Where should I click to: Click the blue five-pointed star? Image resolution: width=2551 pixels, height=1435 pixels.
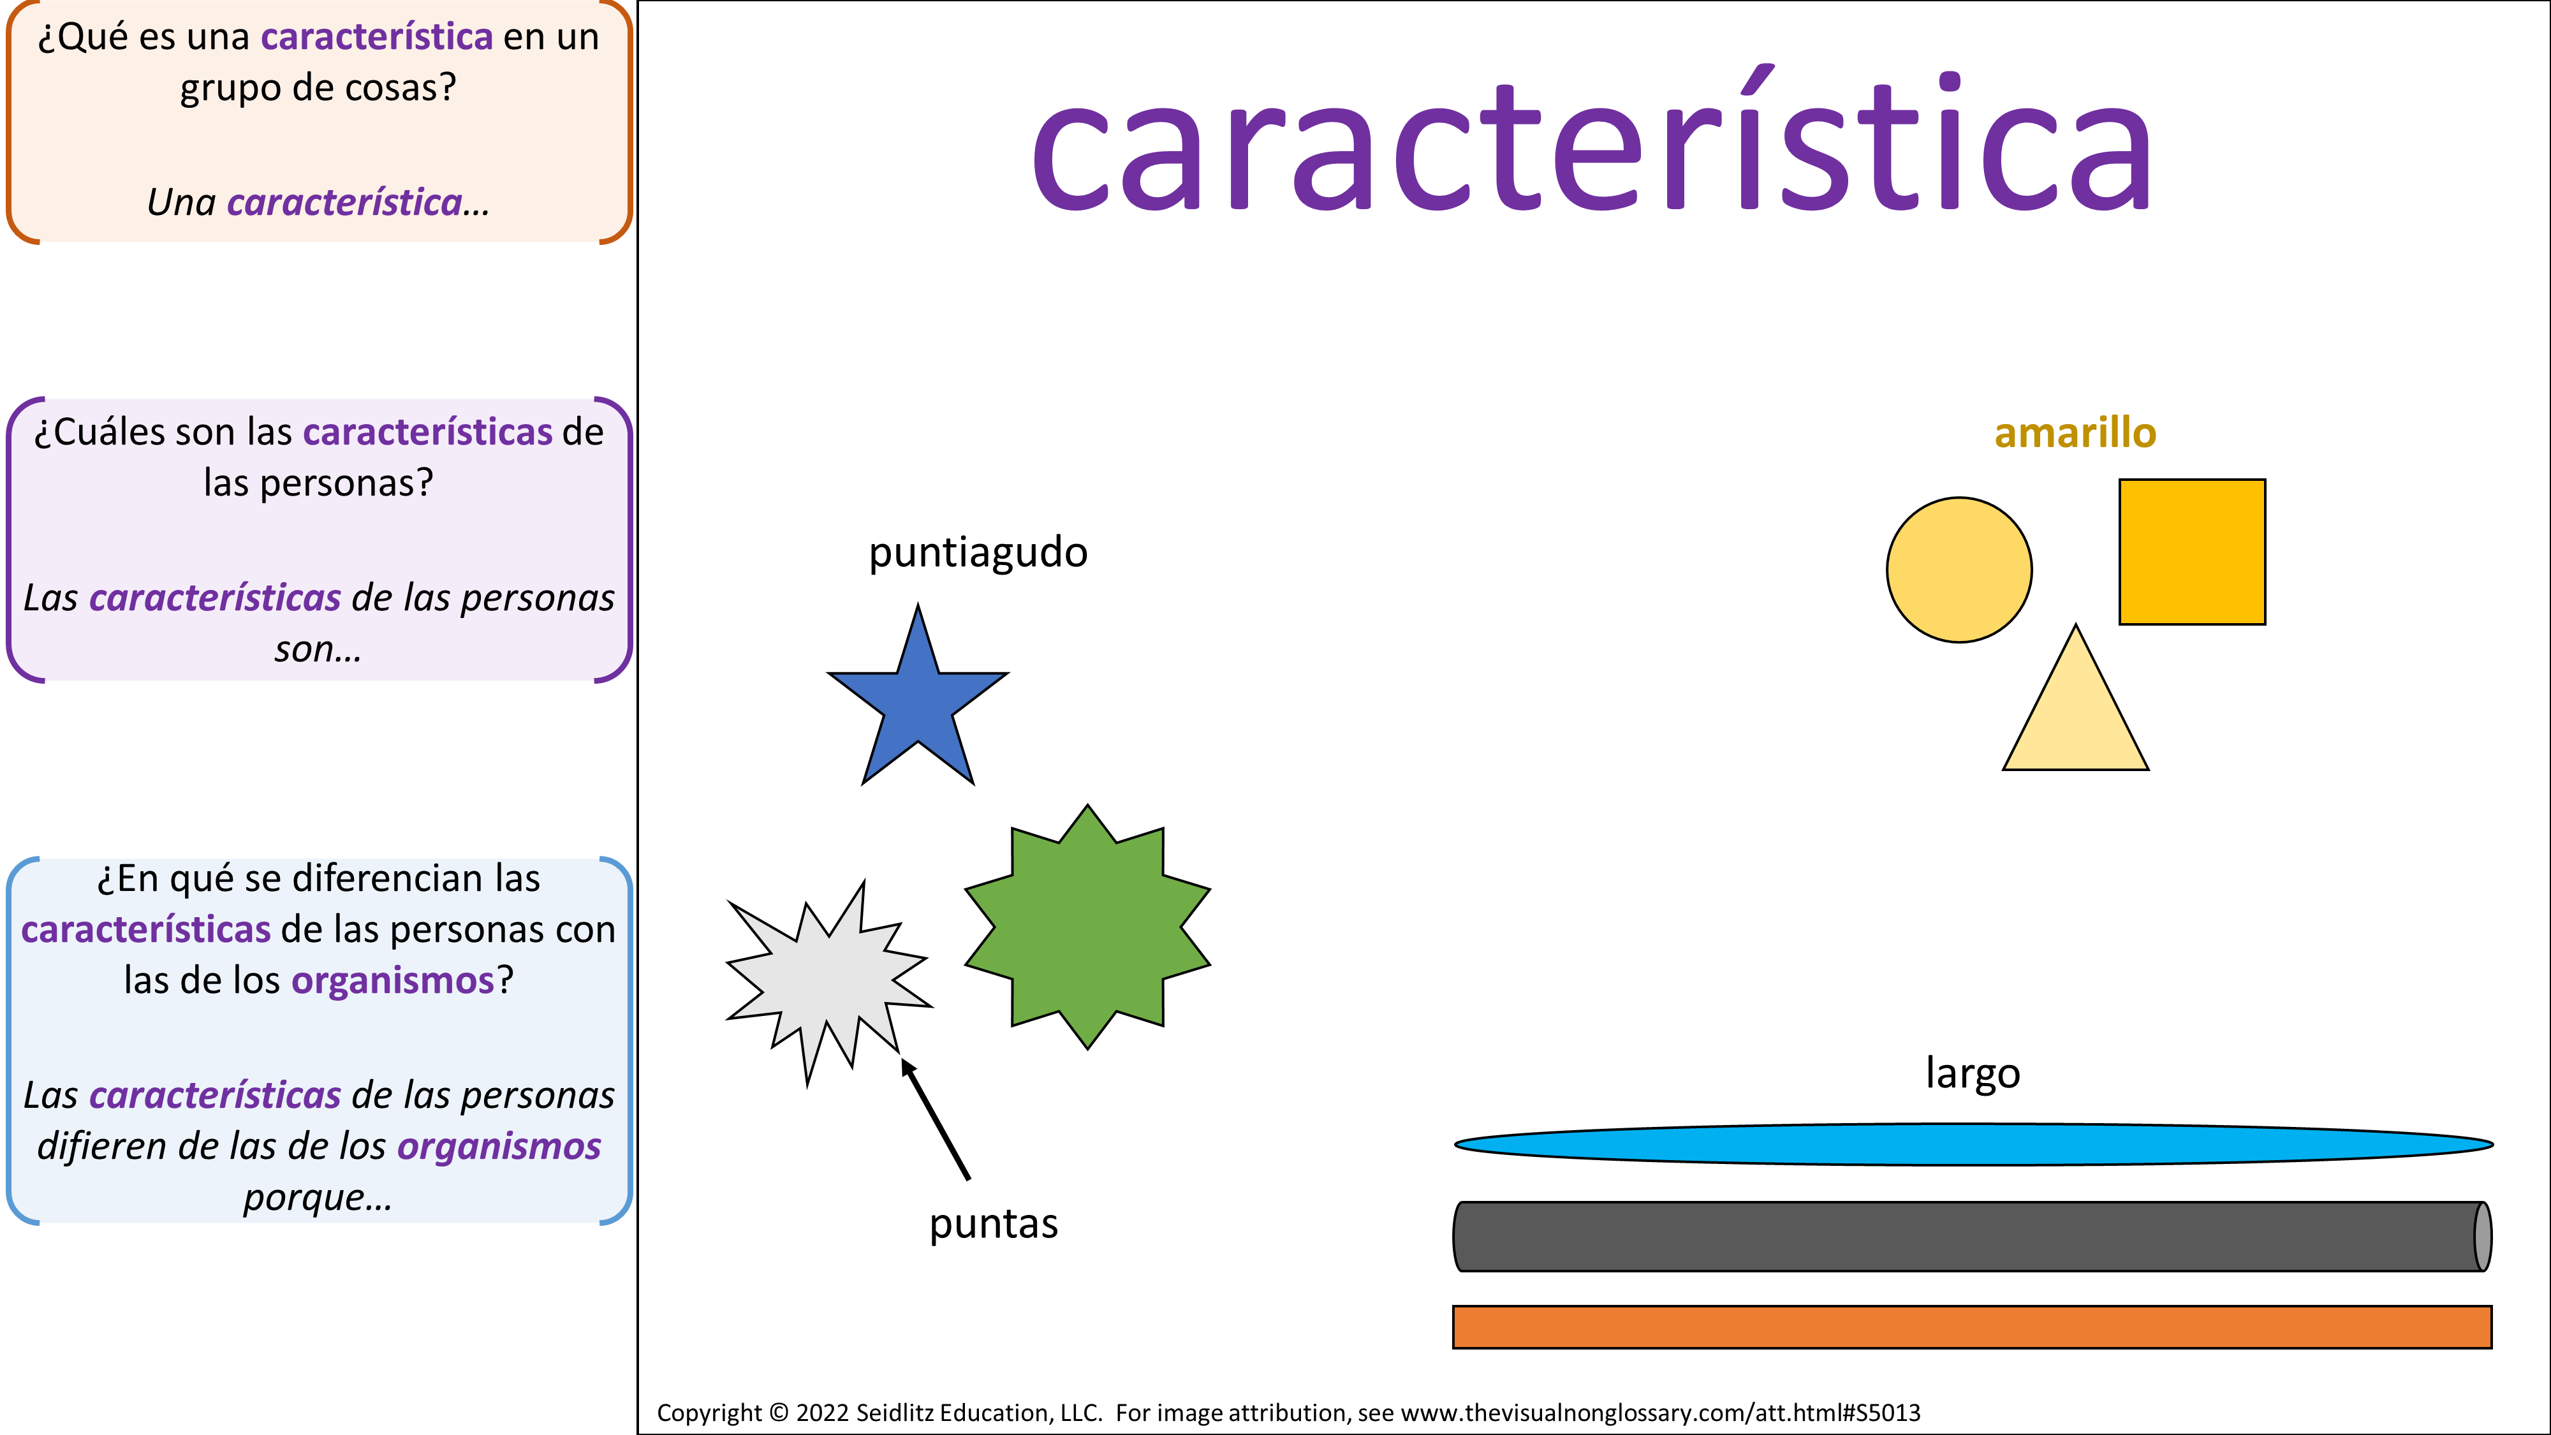coord(918,701)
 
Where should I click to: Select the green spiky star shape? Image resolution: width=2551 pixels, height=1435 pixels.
coord(1087,927)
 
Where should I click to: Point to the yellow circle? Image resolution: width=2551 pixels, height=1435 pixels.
coord(1959,570)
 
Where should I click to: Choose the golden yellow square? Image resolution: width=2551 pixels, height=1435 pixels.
coord(2191,552)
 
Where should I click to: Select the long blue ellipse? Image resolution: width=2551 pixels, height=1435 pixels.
coord(1973,1144)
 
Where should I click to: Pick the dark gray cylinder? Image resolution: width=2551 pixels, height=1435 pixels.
coord(1973,1236)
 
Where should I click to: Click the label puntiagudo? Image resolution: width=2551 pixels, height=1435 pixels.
coord(978,552)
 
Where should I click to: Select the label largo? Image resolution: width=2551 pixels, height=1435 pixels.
coord(1973,1073)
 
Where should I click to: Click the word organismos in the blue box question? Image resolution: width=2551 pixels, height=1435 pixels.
coord(392,980)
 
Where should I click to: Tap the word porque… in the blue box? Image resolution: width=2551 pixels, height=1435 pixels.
coord(318,1197)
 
